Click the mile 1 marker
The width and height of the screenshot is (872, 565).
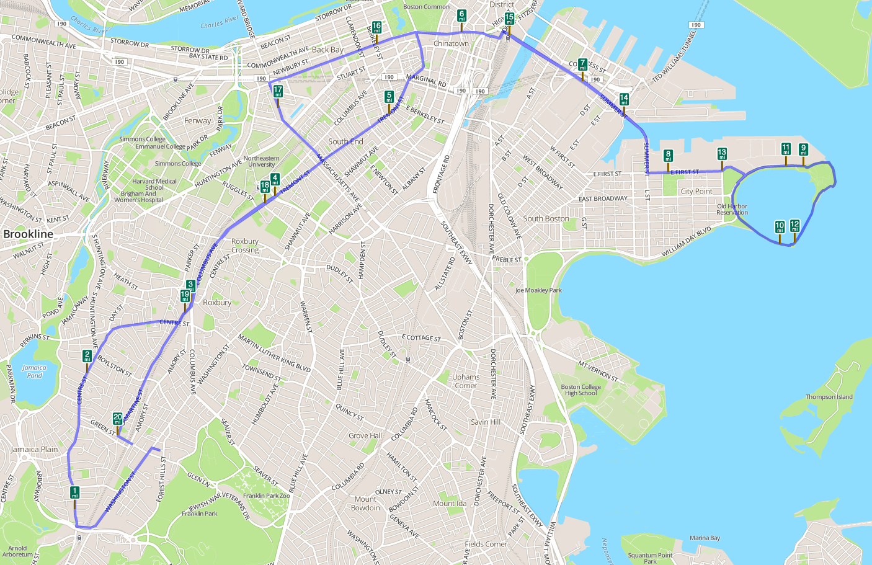[x=75, y=493]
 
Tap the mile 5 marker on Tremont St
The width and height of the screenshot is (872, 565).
[x=389, y=96]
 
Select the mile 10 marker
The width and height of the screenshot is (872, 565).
[x=780, y=226]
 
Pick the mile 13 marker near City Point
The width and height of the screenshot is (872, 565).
[x=722, y=153]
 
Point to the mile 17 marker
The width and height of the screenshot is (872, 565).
[x=278, y=91]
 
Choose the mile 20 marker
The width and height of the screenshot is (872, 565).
[x=118, y=418]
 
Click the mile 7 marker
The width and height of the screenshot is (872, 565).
[x=582, y=65]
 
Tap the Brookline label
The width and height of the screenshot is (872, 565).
[x=29, y=234]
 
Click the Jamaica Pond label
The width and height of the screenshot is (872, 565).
[x=34, y=371]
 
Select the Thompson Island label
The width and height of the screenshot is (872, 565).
[x=829, y=397]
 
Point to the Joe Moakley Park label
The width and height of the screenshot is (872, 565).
[x=538, y=290]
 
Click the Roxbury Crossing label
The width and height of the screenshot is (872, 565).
[x=245, y=246]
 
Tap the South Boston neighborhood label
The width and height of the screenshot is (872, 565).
[x=546, y=218]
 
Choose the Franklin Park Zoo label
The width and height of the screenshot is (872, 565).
[x=266, y=496]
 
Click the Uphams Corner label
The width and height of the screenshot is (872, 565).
[x=465, y=381]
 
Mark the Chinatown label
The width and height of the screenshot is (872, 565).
[x=451, y=43]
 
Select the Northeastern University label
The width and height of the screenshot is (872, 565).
[x=261, y=161]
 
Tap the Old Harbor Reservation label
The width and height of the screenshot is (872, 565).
[x=732, y=210]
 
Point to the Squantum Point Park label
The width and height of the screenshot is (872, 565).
[x=650, y=558]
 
